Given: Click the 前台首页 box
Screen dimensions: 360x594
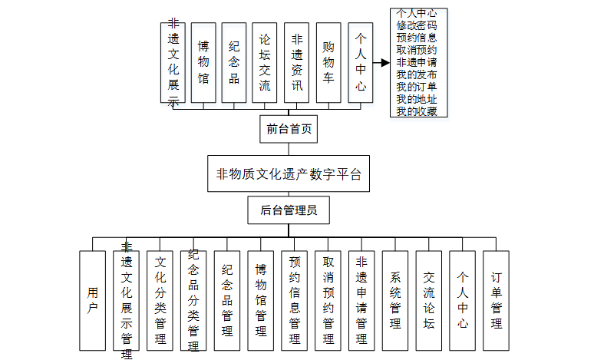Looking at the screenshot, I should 289,130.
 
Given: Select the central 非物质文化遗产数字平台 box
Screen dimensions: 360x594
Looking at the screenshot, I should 289,173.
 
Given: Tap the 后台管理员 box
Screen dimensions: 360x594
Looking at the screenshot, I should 289,210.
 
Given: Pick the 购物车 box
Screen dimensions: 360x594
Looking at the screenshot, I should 328,62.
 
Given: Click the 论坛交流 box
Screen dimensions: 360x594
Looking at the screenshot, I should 265,62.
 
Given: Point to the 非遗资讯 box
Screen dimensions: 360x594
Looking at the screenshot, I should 296,62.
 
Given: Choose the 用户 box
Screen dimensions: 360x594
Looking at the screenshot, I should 92,300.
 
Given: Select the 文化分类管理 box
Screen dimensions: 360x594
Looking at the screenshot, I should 160,300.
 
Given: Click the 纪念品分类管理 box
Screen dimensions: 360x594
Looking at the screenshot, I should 193,300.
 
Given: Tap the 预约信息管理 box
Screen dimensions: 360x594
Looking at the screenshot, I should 294,300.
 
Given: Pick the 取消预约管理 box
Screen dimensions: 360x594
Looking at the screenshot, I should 328,300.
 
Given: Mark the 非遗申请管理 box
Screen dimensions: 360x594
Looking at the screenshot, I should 361,300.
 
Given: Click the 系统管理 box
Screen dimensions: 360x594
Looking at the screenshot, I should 395,300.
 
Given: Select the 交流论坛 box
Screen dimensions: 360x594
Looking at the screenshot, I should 428,300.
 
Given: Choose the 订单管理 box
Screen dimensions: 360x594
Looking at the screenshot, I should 496,300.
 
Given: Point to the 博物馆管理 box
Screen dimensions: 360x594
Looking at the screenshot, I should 260,300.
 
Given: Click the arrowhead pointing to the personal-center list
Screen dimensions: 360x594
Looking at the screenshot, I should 384,62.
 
